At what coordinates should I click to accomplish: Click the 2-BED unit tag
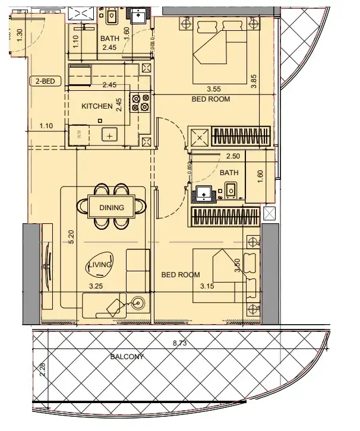45,82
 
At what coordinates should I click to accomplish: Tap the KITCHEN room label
97,106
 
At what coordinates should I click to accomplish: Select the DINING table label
112,207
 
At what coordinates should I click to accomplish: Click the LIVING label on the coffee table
100,265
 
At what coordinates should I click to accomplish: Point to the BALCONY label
128,357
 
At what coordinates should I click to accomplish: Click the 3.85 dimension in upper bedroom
254,81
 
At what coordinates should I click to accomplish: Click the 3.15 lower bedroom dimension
207,286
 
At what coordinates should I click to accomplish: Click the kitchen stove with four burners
141,103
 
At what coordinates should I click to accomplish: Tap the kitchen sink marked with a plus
110,135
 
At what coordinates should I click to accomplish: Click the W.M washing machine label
80,134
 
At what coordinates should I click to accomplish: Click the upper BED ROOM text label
210,99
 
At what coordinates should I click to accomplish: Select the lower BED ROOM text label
181,275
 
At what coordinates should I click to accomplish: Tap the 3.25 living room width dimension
96,286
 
